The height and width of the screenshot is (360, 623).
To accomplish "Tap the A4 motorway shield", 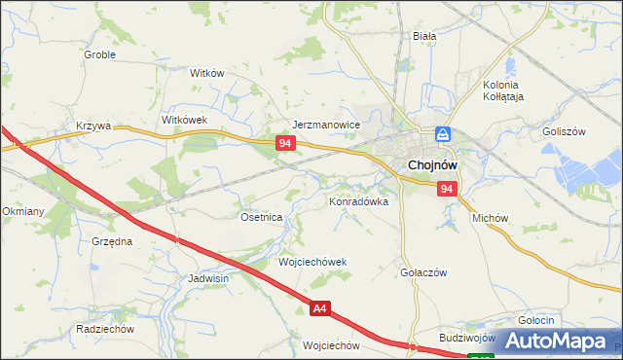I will (x=320, y=309).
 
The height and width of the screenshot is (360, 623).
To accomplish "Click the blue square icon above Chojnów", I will (x=443, y=134).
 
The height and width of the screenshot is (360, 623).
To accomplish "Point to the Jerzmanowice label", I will (x=327, y=126).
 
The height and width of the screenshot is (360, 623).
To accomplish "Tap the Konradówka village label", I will (x=358, y=202).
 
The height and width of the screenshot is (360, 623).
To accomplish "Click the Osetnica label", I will (x=261, y=218).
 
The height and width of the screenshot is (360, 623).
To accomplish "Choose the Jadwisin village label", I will (x=208, y=278).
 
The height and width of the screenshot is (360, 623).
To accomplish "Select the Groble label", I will (x=99, y=55).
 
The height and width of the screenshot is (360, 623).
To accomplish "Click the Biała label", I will (x=424, y=36).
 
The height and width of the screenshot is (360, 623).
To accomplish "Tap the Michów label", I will (x=491, y=219).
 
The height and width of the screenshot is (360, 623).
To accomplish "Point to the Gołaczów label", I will (x=423, y=273).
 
